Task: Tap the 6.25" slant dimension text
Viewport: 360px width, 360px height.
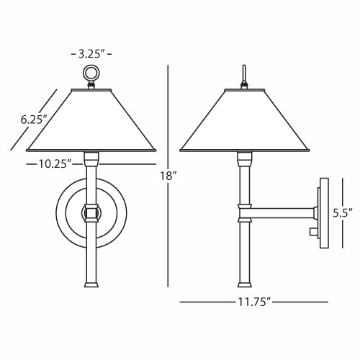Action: click(33, 120)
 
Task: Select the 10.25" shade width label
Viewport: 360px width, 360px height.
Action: click(55, 164)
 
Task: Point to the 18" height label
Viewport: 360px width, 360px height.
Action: click(169, 176)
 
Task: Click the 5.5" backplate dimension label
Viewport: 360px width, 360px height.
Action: click(342, 213)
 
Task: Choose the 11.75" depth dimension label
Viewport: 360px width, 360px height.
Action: click(254, 302)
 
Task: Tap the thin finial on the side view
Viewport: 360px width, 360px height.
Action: click(244, 73)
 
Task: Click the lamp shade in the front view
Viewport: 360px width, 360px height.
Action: click(91, 120)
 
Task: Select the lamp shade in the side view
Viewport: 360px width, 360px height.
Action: click(244, 120)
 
